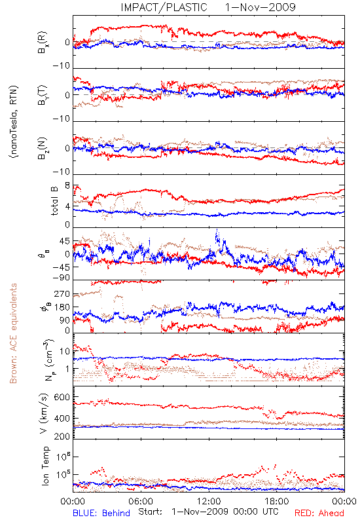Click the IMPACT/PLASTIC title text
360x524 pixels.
[164, 7]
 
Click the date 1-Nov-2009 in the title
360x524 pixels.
[260, 7]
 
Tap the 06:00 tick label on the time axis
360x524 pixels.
[141, 501]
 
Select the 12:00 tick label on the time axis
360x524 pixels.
[209, 501]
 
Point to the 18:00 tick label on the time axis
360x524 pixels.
[277, 501]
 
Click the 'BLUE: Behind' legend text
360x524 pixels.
[101, 513]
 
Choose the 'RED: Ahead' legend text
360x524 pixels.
[319, 513]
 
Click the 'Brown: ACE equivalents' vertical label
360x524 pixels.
[13, 333]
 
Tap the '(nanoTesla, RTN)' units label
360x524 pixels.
[14, 122]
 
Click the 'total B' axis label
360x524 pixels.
[54, 201]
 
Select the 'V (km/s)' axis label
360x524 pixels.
[44, 413]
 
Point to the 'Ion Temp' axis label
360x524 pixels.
[45, 466]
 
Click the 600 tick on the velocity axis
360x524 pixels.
[62, 397]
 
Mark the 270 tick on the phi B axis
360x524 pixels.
[62, 294]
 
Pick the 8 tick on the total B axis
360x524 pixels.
[67, 186]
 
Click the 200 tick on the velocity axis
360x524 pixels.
[62, 436]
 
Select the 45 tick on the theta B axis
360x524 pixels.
[65, 241]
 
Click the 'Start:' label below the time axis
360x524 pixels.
[151, 512]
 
